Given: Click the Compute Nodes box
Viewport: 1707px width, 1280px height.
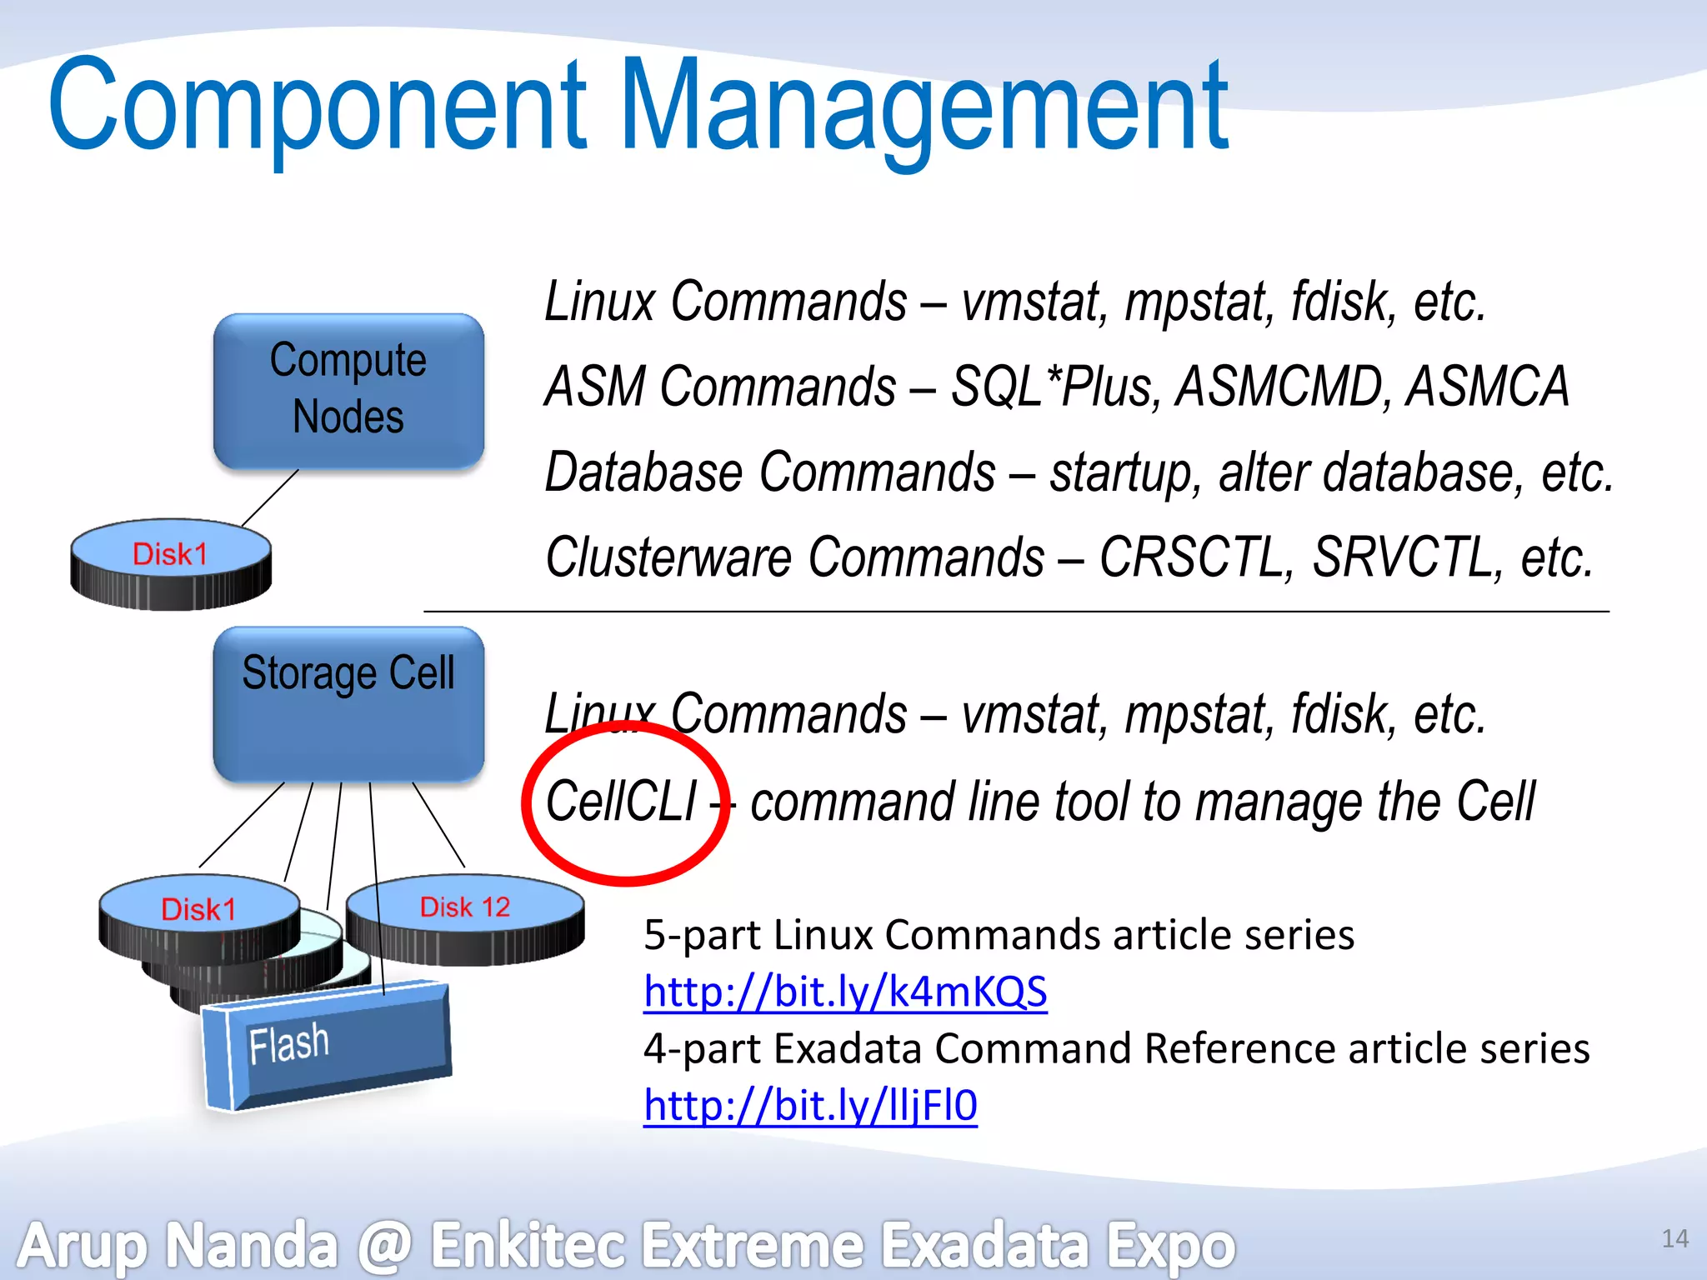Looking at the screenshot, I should click(348, 389).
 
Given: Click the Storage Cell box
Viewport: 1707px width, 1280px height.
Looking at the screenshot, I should click(348, 704).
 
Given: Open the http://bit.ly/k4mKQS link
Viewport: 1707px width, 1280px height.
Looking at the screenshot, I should click(844, 992).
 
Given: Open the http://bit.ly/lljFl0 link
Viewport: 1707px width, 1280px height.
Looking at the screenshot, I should click(810, 1106).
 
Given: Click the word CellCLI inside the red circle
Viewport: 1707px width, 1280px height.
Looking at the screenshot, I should click(621, 802).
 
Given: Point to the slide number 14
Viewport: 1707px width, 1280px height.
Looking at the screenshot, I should click(1674, 1239).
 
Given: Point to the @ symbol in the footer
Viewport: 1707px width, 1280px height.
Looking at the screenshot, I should click(385, 1246).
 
